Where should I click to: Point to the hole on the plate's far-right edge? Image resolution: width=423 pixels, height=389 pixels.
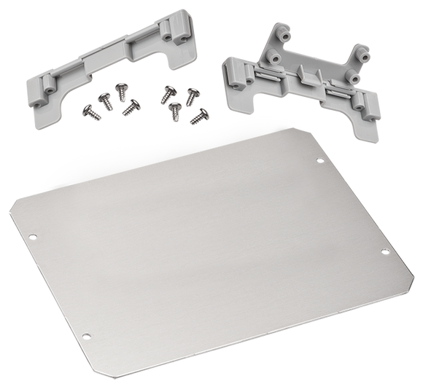coord(384,252)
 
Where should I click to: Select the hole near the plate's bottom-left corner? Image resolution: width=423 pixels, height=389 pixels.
coord(86,336)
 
